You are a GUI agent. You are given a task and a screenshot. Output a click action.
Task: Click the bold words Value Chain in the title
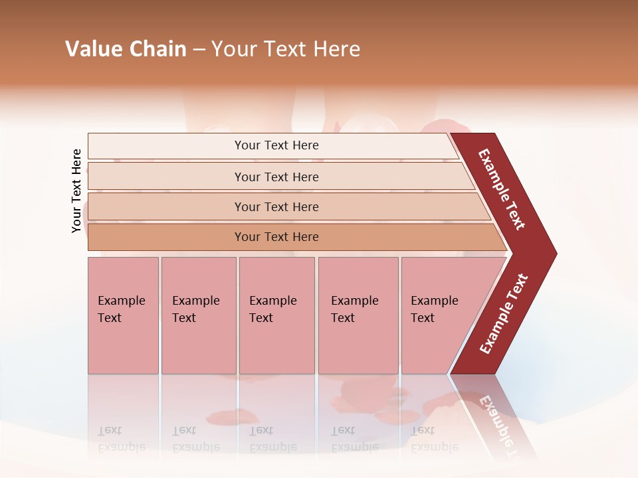pos(126,49)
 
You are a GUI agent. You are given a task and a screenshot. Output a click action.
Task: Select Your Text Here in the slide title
pos(286,49)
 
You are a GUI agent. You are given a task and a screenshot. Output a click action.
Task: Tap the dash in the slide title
pos(199,50)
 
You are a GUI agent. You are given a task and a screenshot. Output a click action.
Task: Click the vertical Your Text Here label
pos(76,191)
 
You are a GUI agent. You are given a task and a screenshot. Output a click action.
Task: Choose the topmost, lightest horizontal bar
pos(166,146)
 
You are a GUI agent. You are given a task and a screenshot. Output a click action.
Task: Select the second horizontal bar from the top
pos(166,177)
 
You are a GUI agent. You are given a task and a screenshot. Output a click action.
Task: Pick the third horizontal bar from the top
pos(166,206)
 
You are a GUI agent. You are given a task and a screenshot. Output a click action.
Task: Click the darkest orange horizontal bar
pos(166,237)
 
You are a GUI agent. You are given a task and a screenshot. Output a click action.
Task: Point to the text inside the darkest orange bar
pos(276,237)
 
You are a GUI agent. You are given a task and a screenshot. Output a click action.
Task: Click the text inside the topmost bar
pos(276,145)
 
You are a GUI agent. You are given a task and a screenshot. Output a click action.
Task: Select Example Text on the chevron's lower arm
pos(504,314)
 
